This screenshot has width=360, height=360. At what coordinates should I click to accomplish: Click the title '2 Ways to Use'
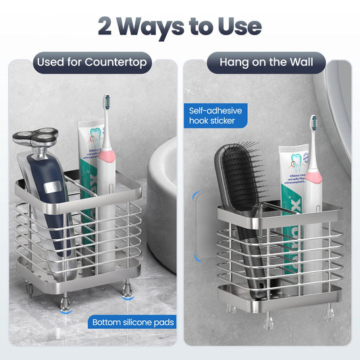pos(180,26)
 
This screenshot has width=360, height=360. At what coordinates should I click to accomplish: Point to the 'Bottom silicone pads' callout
pos(132,322)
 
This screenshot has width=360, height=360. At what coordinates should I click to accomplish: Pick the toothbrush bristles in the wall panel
pos(313,126)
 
